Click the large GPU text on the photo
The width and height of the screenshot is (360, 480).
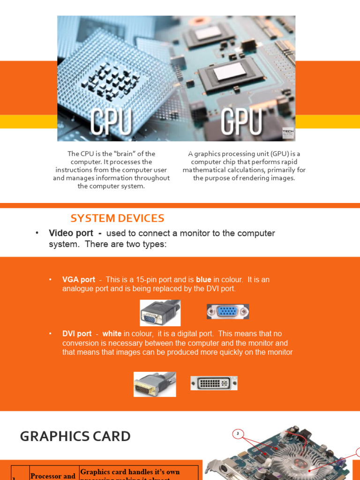(241, 122)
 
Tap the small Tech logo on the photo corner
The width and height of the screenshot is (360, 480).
(288, 133)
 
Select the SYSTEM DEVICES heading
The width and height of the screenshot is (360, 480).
(117, 218)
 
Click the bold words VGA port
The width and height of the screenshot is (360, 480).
(79, 280)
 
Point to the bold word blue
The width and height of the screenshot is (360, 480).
(203, 280)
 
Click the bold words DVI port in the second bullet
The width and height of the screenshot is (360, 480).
(77, 334)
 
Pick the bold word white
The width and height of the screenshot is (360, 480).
(112, 334)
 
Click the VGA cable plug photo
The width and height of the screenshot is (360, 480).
(160, 313)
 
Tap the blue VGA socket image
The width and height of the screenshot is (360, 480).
(228, 312)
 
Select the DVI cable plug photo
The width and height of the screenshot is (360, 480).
(155, 384)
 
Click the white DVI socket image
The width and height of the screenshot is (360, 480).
(214, 383)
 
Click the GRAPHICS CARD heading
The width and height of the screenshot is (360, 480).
(75, 436)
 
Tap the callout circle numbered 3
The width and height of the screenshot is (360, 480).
(238, 434)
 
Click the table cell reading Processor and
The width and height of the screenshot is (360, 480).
(53, 475)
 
